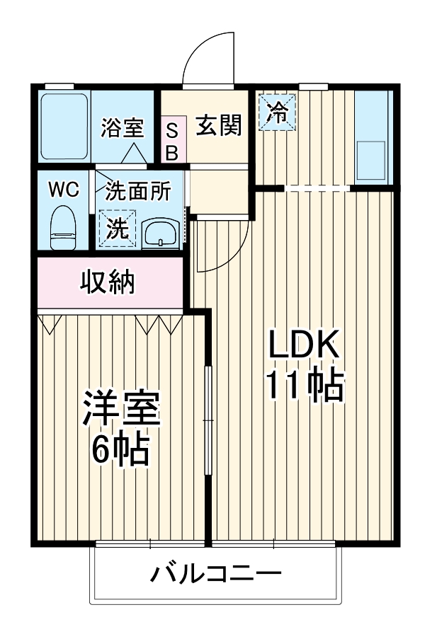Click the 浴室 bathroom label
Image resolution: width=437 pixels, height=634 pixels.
point(123,128)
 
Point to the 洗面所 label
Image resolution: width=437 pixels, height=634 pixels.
point(138,190)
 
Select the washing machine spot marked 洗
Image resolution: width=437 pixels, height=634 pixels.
point(118,228)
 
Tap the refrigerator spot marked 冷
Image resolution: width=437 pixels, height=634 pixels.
point(278,112)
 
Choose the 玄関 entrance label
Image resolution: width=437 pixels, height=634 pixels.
point(218,125)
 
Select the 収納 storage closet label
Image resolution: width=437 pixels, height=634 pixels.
point(106,283)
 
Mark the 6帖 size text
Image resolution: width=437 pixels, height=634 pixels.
point(120,448)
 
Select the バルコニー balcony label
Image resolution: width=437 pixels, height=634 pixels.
point(215,572)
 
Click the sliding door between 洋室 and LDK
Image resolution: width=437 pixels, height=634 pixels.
point(208,421)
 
